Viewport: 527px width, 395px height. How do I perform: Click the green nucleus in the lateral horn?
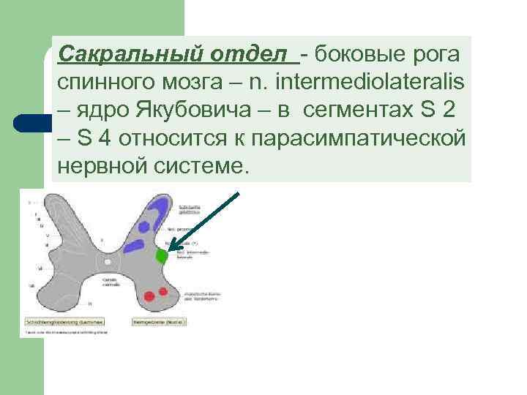162,256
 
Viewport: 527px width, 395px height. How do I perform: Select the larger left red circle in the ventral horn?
149,296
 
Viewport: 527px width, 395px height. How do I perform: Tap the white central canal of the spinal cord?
108,260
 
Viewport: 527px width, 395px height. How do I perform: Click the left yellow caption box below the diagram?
64,321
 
